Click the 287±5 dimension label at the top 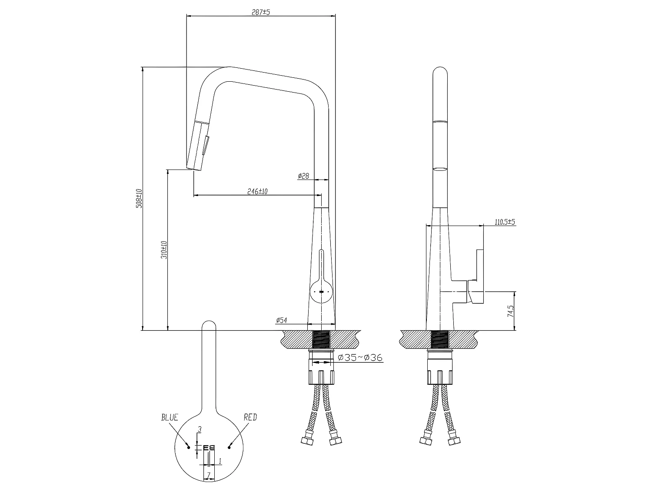click(x=261, y=12)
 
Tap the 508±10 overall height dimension click(x=139, y=198)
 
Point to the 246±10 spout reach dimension click(x=257, y=191)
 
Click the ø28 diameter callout click(x=303, y=176)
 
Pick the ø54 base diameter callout click(x=281, y=320)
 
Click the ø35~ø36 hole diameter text click(x=360, y=358)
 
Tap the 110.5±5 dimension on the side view click(x=505, y=222)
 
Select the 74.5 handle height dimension click(x=511, y=311)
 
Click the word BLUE click(x=170, y=418)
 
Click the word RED click(x=250, y=418)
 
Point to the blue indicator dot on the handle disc click(x=188, y=446)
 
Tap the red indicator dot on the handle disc click(x=230, y=446)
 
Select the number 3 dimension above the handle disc click(x=200, y=429)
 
